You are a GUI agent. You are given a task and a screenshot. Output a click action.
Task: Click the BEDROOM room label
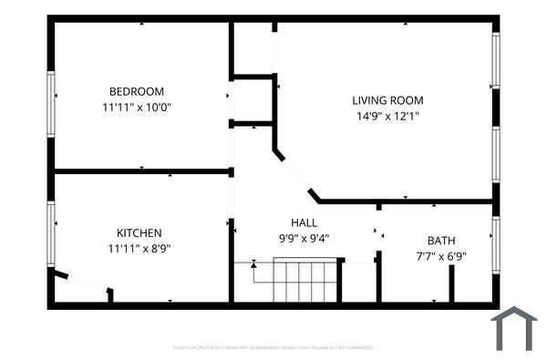(137, 91)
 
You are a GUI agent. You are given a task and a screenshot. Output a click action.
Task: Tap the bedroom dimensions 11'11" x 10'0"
(137, 107)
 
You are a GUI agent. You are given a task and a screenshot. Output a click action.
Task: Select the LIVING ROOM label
(387, 100)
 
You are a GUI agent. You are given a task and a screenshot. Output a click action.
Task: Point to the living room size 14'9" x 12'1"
(387, 116)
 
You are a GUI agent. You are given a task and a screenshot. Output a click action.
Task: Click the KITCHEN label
(139, 232)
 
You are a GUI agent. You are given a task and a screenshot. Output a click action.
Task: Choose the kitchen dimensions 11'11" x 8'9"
(139, 248)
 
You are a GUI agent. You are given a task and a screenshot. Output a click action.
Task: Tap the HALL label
(304, 223)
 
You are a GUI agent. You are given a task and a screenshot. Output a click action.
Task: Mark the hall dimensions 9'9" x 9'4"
(304, 239)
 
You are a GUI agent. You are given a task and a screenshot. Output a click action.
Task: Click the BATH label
(442, 241)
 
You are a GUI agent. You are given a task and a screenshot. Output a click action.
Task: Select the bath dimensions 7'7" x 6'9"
(442, 256)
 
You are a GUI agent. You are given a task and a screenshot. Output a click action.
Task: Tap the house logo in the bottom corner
(514, 329)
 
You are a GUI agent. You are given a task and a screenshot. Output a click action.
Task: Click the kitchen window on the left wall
(52, 234)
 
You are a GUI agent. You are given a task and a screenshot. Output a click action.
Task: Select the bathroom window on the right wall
(495, 244)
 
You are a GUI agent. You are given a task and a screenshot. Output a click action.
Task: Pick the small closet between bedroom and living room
(252, 99)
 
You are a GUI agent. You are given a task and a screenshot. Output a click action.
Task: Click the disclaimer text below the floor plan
(273, 347)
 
